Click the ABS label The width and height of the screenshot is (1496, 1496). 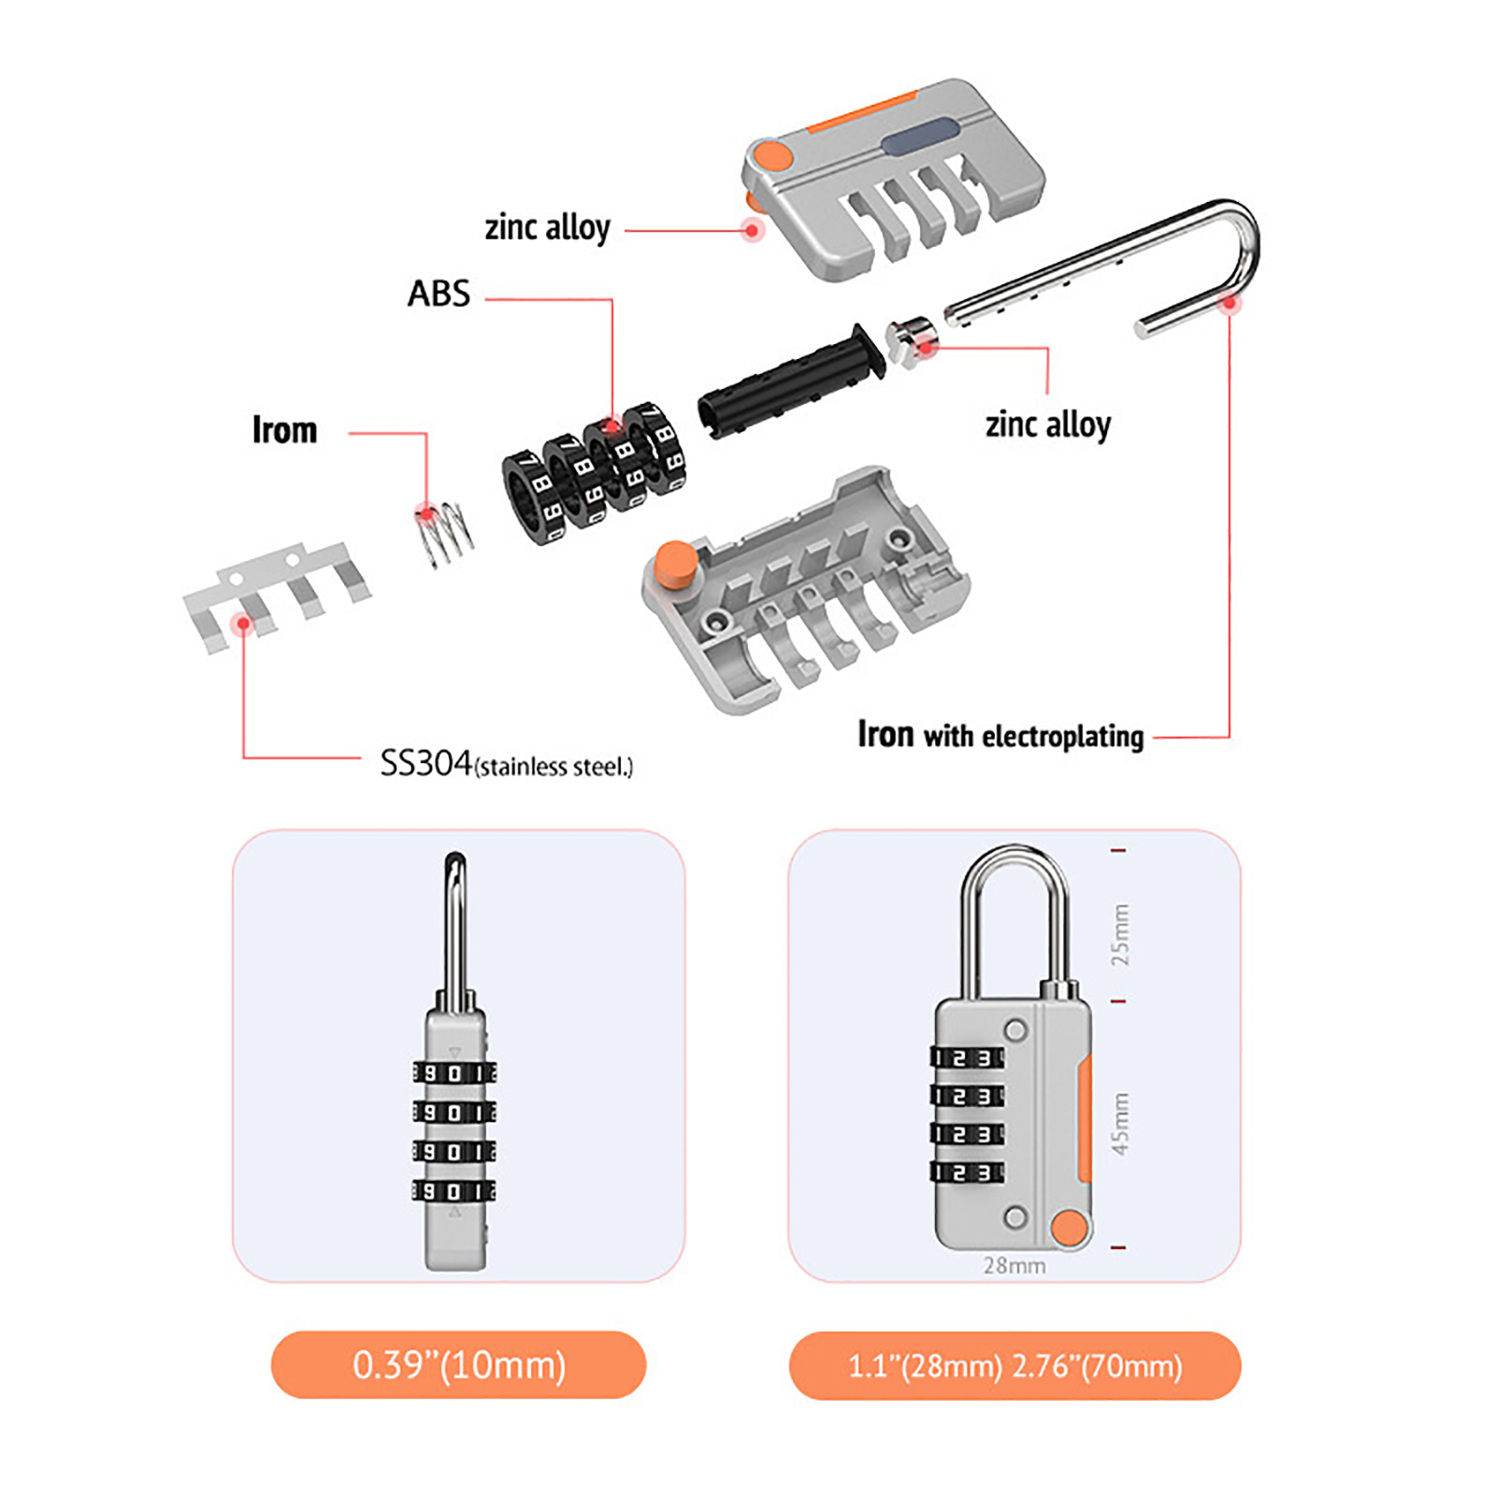[x=439, y=294]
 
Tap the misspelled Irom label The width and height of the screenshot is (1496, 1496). [x=285, y=430]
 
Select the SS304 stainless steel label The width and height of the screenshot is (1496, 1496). [x=507, y=764]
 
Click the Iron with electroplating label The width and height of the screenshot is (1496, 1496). [x=1000, y=736]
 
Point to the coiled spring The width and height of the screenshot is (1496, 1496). [x=444, y=533]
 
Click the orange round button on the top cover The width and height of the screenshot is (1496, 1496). [x=773, y=155]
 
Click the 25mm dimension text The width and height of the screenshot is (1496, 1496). [x=1120, y=935]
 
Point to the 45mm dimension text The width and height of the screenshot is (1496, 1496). [x=1120, y=1123]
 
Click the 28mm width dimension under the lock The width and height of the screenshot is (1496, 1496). [x=1014, y=1265]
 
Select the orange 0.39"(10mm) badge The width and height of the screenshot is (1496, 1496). [x=458, y=1365]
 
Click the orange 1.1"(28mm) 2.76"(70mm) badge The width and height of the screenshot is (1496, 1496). [x=1015, y=1366]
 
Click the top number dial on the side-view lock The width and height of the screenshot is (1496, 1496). [x=454, y=1073]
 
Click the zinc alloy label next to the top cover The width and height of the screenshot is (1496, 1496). [x=548, y=227]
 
